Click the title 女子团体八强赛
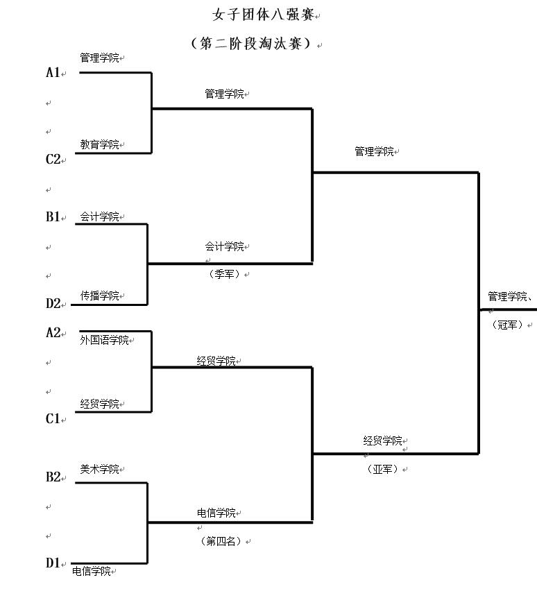click(x=263, y=15)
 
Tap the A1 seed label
click(x=53, y=72)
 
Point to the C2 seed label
click(x=53, y=160)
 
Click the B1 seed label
click(x=53, y=216)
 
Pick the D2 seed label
click(x=53, y=304)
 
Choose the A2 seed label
click(x=53, y=332)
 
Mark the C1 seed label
click(x=53, y=419)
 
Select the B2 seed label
click(x=53, y=477)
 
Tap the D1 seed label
click(x=53, y=563)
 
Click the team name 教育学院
click(x=99, y=144)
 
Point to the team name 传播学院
click(x=99, y=296)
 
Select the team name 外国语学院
click(x=104, y=340)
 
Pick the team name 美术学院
click(x=99, y=469)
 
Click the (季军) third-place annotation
click(x=224, y=274)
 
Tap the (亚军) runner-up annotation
click(x=382, y=469)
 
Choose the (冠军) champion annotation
click(x=507, y=325)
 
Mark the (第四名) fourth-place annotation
click(x=221, y=541)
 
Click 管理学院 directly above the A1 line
click(x=99, y=58)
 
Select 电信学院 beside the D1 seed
click(x=92, y=571)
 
